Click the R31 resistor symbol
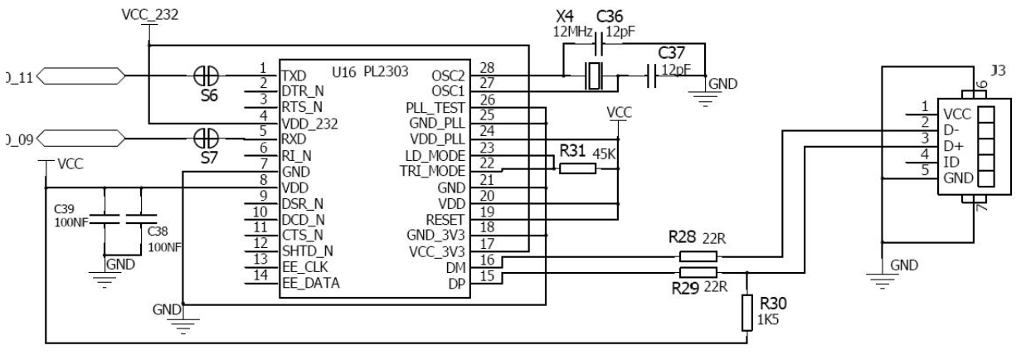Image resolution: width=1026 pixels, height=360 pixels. point(577,169)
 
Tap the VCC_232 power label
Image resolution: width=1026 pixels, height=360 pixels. point(149,14)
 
